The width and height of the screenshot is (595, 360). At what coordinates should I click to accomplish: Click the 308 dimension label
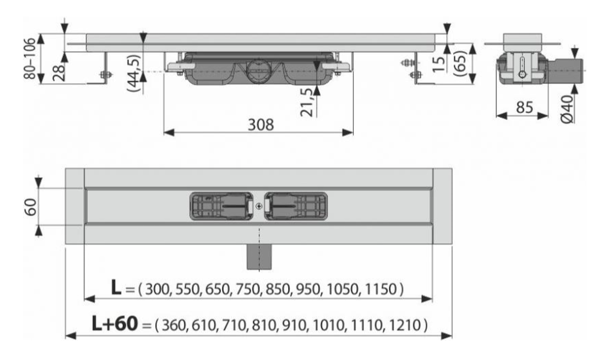[261, 124]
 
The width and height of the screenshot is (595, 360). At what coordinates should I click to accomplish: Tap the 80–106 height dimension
[30, 58]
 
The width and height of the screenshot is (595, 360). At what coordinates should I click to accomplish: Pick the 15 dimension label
[439, 63]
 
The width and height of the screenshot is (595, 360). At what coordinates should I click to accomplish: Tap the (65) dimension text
[460, 63]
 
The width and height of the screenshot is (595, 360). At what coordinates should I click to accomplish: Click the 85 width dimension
[525, 107]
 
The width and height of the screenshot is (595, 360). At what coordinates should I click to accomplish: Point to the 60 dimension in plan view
[31, 207]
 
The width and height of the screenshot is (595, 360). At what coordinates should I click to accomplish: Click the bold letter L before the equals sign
[116, 288]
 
